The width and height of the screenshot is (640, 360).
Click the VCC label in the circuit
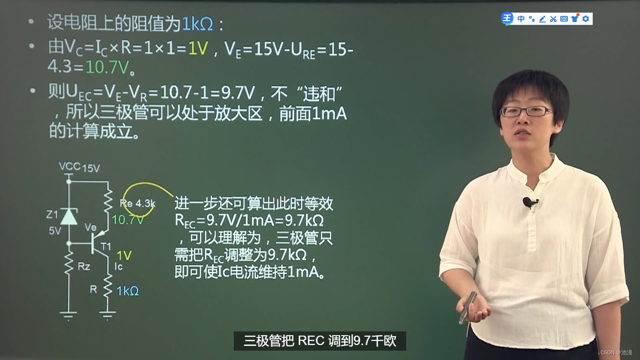pyautogui.click(x=69, y=166)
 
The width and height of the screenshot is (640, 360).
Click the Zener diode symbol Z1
pyautogui.click(x=69, y=216)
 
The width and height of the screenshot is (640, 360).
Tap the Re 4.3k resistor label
pyautogui.click(x=138, y=203)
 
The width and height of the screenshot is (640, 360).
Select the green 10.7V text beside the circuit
pyautogui.click(x=127, y=220)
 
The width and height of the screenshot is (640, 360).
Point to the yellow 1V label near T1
pyautogui.click(x=124, y=255)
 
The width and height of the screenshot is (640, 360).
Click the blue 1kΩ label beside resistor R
pyautogui.click(x=127, y=291)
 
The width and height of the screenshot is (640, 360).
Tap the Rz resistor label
pyautogui.click(x=84, y=267)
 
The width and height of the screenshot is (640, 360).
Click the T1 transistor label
pyautogui.click(x=106, y=246)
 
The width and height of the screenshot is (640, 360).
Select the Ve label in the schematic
pyautogui.click(x=90, y=227)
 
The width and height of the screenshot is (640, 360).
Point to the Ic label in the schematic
pyautogui.click(x=119, y=267)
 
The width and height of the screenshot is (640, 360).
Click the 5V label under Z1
pyautogui.click(x=55, y=231)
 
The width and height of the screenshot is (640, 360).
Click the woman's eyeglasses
pyautogui.click(x=527, y=112)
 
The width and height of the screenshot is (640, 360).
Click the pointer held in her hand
pyautogui.click(x=468, y=307)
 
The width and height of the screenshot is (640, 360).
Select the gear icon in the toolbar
pyautogui.click(x=586, y=19)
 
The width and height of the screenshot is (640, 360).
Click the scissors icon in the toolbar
pyautogui.click(x=553, y=19)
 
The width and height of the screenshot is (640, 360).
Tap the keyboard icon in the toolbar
pyautogui.click(x=564, y=19)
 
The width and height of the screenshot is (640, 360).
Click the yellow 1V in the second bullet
pyautogui.click(x=198, y=48)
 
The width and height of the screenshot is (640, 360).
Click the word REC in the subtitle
pyautogui.click(x=311, y=341)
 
